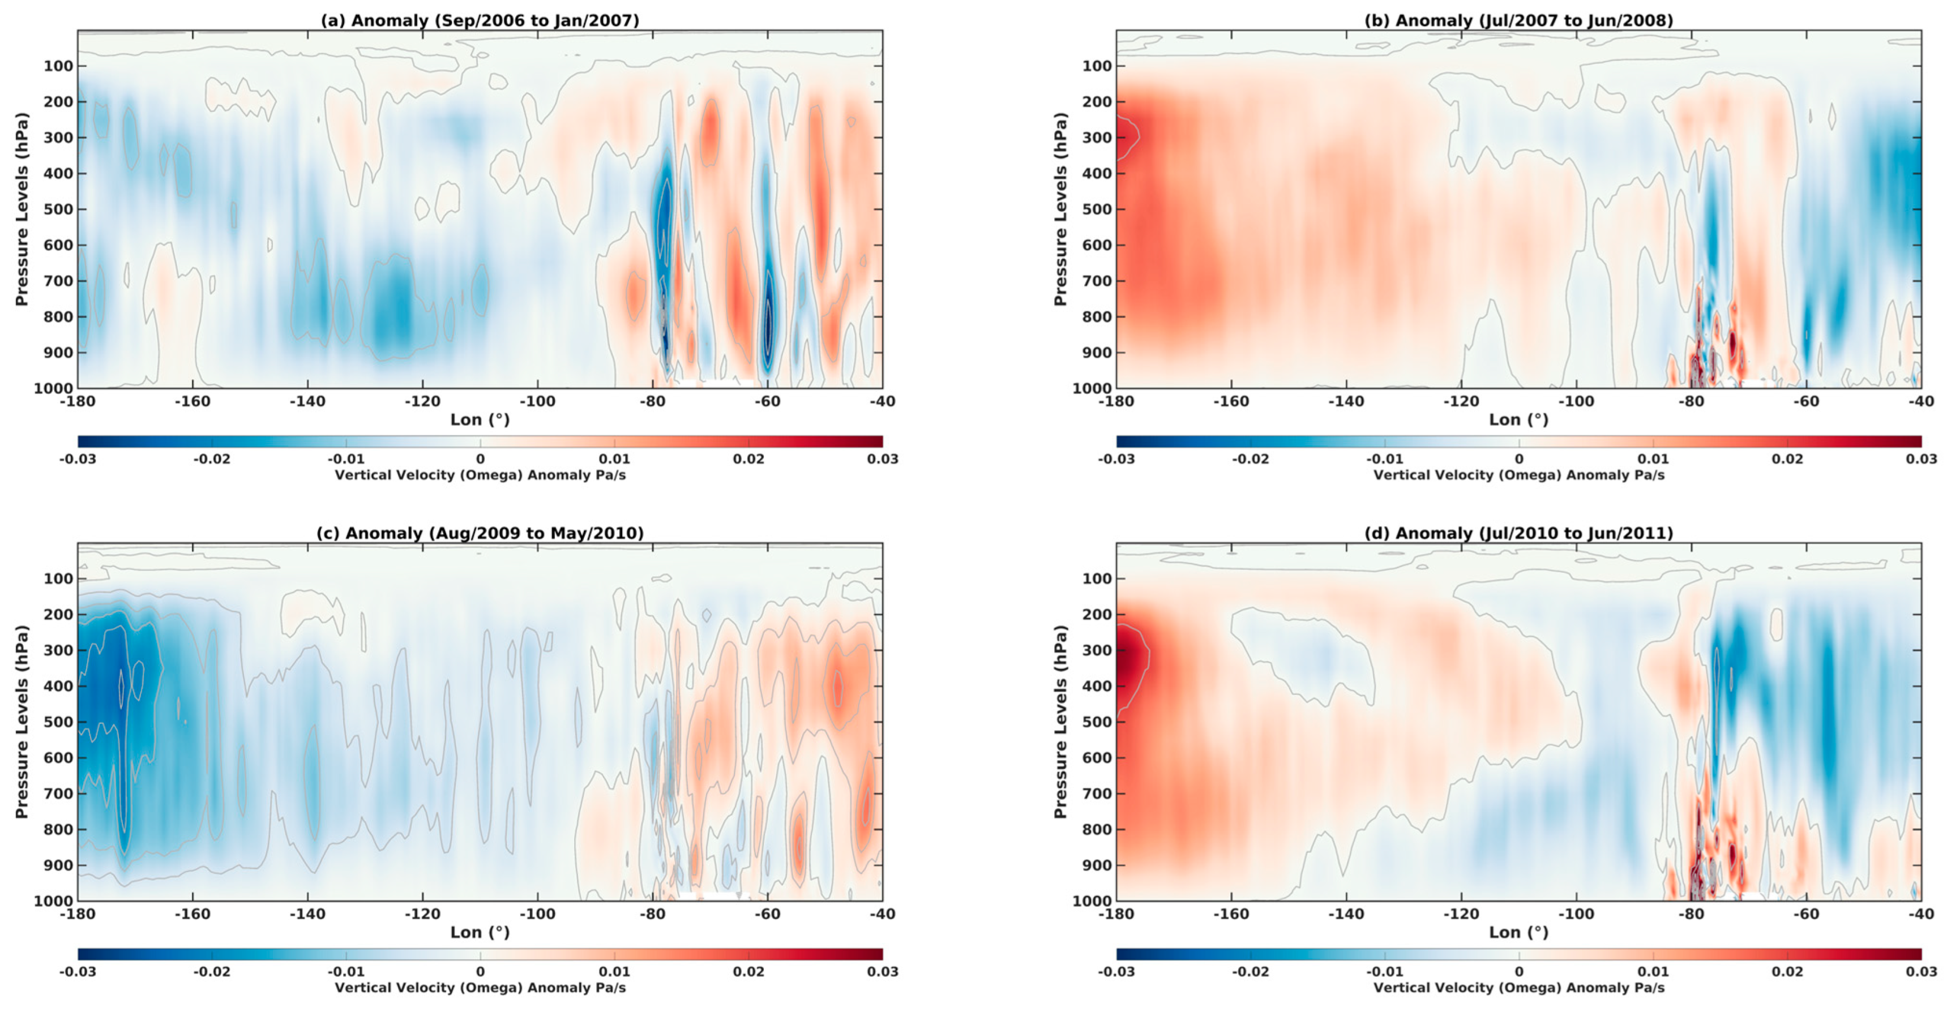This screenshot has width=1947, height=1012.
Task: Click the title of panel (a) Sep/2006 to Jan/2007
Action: [480, 20]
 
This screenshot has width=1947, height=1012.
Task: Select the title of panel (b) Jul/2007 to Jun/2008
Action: [1518, 20]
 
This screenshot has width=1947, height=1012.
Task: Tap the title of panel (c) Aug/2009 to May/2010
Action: [480, 533]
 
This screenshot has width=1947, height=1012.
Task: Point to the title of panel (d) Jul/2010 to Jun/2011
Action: [1518, 533]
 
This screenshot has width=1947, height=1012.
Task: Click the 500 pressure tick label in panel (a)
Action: [58, 209]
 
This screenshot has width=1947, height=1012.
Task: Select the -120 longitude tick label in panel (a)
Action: [422, 401]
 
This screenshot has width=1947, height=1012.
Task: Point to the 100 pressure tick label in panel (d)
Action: [1097, 579]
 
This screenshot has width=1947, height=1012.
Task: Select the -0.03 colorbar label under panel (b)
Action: [1116, 459]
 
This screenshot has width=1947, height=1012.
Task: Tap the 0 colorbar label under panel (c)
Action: [480, 971]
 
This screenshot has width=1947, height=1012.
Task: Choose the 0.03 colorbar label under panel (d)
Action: [1920, 971]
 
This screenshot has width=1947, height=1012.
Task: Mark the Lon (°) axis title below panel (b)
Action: [1518, 419]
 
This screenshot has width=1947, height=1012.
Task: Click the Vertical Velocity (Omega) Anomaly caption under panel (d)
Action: [1518, 987]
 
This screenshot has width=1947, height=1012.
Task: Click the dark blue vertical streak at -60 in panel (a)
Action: [768, 318]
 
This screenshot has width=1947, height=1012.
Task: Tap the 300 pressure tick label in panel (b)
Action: [1097, 138]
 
